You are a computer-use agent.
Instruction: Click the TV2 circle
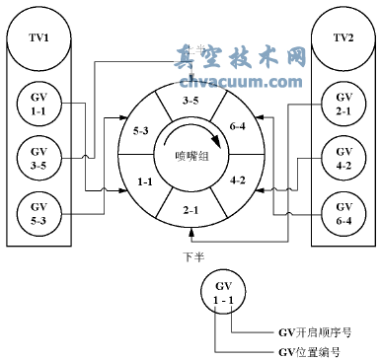pyautogui.click(x=343, y=40)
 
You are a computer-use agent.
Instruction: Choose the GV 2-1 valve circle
pyautogui.click(x=343, y=105)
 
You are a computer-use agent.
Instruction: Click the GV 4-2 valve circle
pyautogui.click(x=343, y=159)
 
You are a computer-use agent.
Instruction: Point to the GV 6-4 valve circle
pyautogui.click(x=343, y=213)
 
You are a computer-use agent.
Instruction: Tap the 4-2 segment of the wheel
pyautogui.click(x=238, y=181)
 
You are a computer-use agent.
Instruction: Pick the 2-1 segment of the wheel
pyautogui.click(x=190, y=209)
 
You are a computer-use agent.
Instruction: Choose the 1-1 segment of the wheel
pyautogui.click(x=144, y=181)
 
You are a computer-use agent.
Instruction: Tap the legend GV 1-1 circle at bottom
pyautogui.click(x=222, y=291)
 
